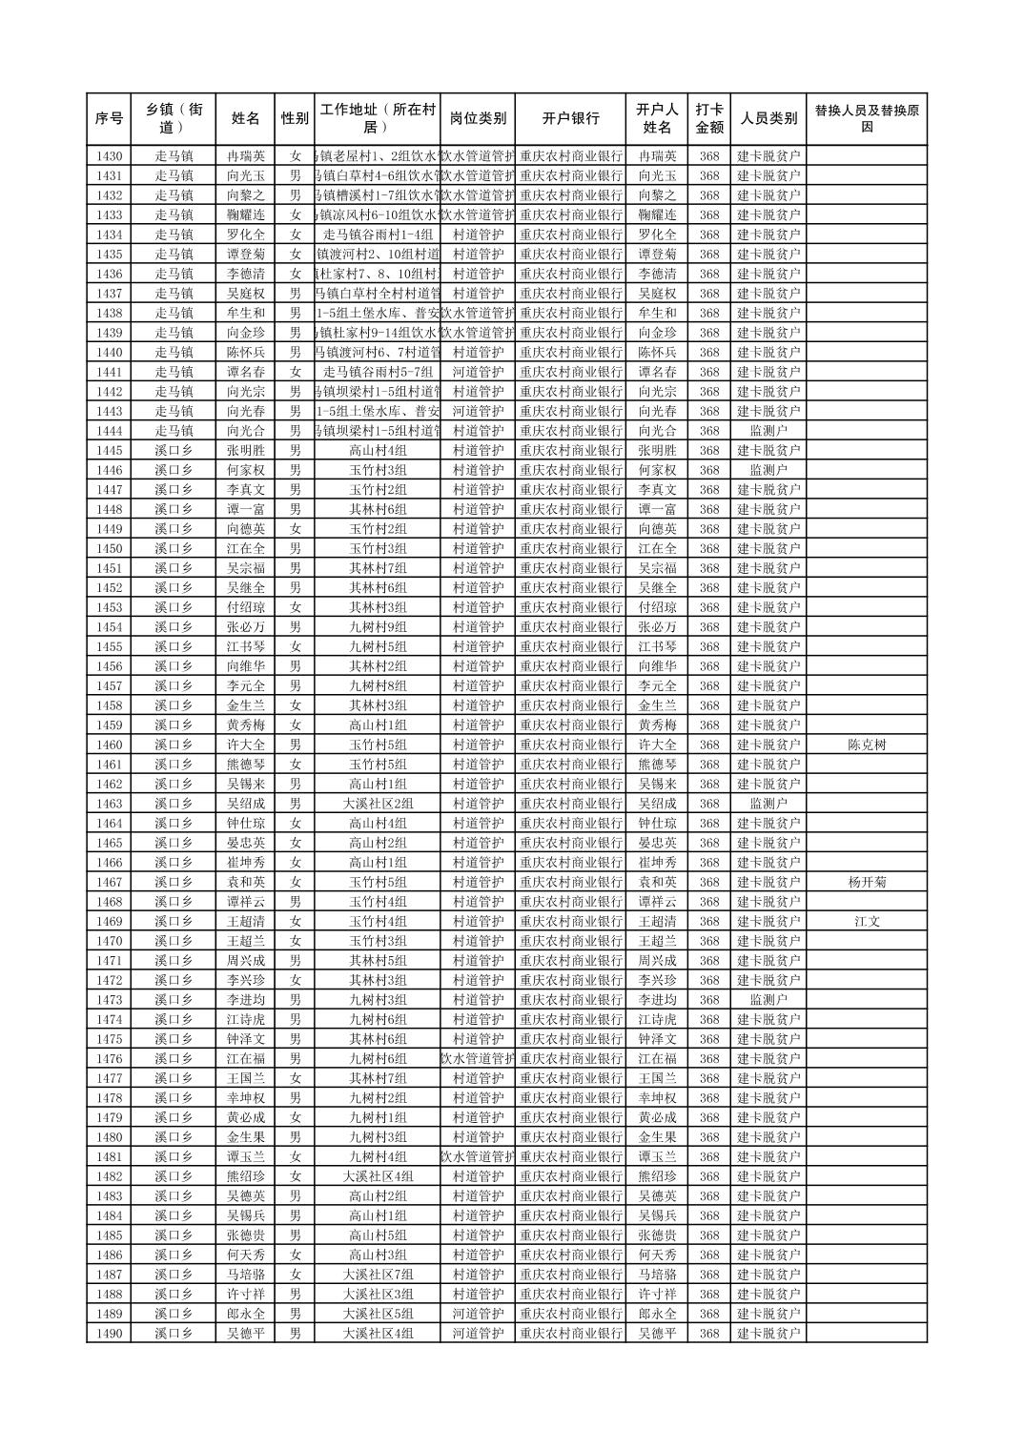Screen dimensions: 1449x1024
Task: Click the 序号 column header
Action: [x=109, y=119]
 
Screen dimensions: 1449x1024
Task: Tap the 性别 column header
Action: [x=295, y=119]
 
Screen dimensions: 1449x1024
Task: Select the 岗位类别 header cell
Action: [x=478, y=119]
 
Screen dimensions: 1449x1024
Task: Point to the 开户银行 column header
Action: [x=570, y=119]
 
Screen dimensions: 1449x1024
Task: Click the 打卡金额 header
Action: [x=708, y=119]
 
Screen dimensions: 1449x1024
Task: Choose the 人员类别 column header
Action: [x=768, y=119]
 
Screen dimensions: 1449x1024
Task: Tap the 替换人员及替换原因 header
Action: [x=866, y=119]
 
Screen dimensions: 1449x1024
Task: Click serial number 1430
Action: [x=109, y=156]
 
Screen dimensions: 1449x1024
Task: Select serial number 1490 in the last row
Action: [x=109, y=1334]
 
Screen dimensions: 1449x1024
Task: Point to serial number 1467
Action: [x=109, y=883]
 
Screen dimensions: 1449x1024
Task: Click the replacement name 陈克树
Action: [x=866, y=745]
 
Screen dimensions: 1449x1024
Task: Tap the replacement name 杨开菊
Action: [x=866, y=883]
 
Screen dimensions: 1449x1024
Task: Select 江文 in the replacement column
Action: [x=866, y=922]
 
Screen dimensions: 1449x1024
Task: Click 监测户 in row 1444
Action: [x=768, y=431]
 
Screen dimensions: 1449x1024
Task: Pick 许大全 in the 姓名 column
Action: [x=246, y=745]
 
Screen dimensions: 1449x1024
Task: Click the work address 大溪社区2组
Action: [x=378, y=804]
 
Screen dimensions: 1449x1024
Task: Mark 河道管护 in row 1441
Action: [x=478, y=372]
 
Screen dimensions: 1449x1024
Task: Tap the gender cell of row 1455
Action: [x=295, y=647]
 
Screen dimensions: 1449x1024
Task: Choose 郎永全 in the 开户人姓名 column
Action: [x=657, y=1314]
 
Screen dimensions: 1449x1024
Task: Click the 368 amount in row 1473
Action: [x=708, y=1000]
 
